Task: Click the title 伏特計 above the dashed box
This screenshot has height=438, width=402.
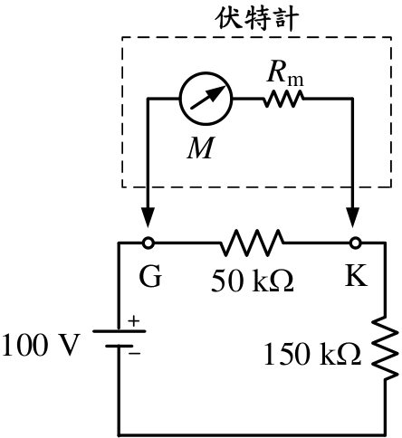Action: click(257, 18)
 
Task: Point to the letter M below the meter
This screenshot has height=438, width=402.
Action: click(201, 148)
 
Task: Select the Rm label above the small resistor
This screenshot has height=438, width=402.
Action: click(285, 74)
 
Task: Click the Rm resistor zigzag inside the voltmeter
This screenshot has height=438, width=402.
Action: click(283, 99)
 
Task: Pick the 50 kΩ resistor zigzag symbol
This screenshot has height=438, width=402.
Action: click(252, 243)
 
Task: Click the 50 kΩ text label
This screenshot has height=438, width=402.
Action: click(252, 281)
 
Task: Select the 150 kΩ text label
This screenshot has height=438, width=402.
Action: click(312, 354)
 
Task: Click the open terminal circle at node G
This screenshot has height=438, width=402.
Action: click(148, 243)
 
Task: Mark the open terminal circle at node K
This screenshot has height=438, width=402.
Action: click(355, 243)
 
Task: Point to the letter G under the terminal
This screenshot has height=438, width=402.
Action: click(150, 276)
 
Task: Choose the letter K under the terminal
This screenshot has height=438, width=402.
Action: click(356, 275)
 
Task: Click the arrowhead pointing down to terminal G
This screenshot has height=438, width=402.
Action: click(148, 217)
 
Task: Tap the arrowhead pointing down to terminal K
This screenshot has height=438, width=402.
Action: click(352, 217)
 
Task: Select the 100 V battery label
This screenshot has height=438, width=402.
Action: click(42, 345)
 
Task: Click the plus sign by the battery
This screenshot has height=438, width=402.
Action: click(134, 321)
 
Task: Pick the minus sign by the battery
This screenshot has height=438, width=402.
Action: click(135, 353)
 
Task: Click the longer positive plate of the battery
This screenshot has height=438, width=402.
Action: click(120, 331)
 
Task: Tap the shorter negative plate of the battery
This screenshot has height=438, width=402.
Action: click(120, 346)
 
